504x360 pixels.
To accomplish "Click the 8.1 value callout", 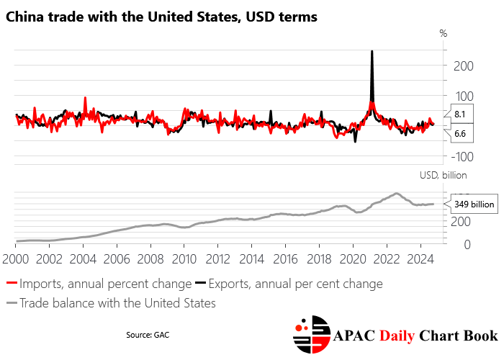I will click(x=460, y=114).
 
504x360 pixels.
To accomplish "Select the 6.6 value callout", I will click(x=460, y=134).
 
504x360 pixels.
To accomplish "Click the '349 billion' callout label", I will click(x=474, y=204).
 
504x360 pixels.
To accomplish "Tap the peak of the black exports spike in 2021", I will click(x=372, y=52).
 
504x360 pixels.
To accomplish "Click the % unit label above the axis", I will click(x=443, y=33).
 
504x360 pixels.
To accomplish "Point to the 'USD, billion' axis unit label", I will click(x=443, y=175).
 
